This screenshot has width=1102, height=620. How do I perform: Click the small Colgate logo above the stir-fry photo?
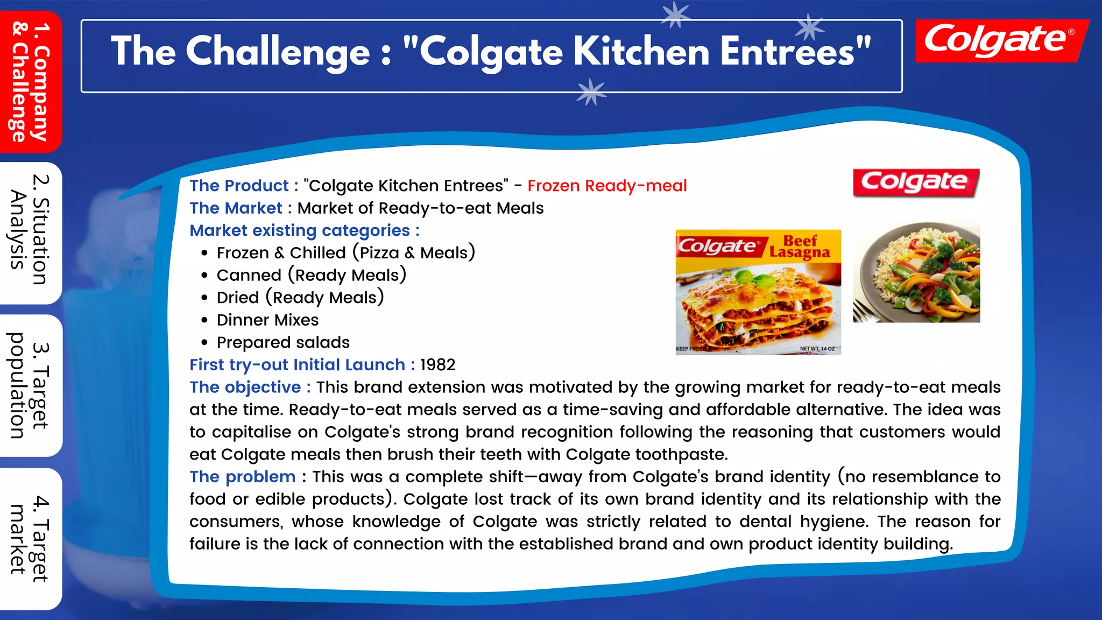click(x=915, y=182)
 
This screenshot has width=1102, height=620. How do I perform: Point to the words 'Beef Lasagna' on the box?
click(x=800, y=247)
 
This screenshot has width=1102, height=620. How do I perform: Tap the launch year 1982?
click(x=437, y=365)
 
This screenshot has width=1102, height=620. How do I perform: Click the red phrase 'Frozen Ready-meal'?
click(x=607, y=186)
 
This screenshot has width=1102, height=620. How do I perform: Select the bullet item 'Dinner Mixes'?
click(x=267, y=320)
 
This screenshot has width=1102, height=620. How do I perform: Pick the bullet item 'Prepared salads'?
click(x=283, y=343)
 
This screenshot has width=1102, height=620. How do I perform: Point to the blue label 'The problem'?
click(x=242, y=477)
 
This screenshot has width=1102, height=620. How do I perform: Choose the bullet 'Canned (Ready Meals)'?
click(x=311, y=276)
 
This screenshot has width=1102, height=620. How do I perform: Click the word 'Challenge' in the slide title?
click(x=278, y=52)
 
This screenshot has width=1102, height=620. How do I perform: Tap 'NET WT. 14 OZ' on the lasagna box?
click(x=817, y=349)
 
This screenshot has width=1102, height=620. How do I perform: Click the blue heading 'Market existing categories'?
click(x=300, y=231)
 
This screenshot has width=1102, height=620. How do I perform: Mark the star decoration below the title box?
click(x=591, y=91)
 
